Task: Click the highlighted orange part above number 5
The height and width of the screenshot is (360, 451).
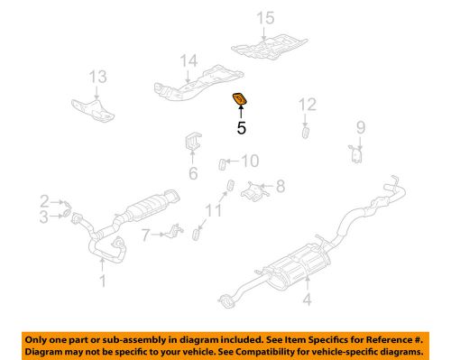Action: (241, 99)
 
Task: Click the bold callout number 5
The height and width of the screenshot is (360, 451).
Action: (241, 128)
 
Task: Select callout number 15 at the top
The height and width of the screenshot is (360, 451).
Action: (263, 18)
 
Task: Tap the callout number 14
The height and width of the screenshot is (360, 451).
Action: (187, 62)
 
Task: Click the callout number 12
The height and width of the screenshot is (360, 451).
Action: (308, 105)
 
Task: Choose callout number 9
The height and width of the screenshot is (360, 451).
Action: (360, 127)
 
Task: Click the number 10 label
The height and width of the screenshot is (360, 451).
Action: (250, 162)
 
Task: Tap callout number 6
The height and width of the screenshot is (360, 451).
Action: (192, 174)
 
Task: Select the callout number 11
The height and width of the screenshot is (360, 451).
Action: (213, 211)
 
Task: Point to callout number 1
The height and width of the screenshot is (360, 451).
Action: (102, 282)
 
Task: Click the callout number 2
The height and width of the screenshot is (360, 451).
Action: (44, 200)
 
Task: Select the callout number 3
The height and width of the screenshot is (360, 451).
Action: (44, 216)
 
